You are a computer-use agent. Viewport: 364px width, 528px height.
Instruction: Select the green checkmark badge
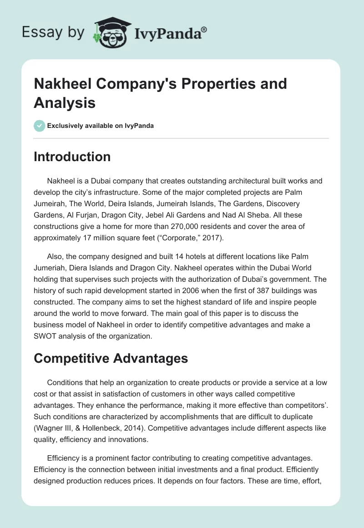40,126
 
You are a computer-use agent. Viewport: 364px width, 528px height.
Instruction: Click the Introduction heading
72,157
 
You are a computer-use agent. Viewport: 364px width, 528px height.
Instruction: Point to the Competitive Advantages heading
111,358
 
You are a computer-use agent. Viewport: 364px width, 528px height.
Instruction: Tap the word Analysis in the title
65,102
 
